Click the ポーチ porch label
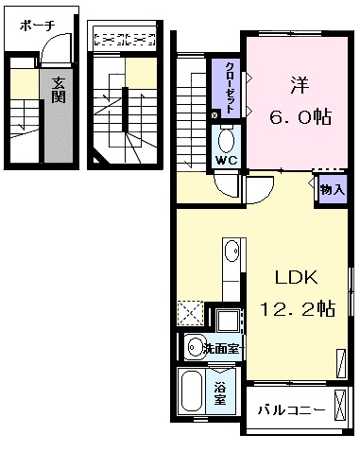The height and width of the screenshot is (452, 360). [x=38, y=26]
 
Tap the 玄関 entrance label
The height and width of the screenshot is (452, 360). [x=59, y=90]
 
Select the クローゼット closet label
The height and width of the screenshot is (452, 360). [x=230, y=88]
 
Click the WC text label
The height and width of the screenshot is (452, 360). [x=226, y=161]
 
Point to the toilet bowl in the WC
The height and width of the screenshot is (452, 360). [x=226, y=141]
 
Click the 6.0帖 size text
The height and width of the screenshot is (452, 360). [x=300, y=117]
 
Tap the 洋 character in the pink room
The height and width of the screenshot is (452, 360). [x=300, y=85]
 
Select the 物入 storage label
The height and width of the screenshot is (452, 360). [x=332, y=190]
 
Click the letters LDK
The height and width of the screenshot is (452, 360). [x=297, y=278]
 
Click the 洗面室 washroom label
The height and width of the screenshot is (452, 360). [x=223, y=348]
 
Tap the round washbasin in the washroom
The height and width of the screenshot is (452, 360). [x=195, y=346]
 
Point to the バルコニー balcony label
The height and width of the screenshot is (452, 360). [x=291, y=410]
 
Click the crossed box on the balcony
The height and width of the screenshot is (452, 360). [x=340, y=405]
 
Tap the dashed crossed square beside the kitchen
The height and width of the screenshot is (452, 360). [x=190, y=313]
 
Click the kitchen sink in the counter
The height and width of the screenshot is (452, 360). [x=231, y=251]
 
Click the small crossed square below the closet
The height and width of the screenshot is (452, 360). [x=215, y=115]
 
